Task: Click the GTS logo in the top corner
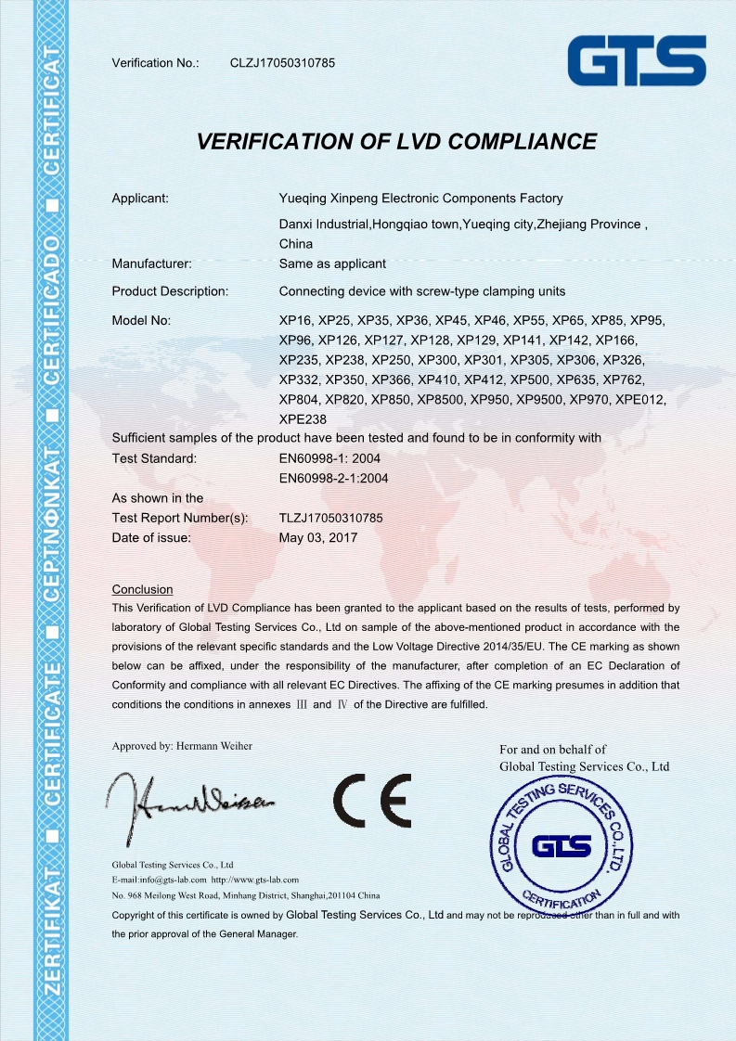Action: click(637, 62)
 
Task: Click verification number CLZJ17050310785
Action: click(282, 63)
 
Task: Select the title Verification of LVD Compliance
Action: click(396, 142)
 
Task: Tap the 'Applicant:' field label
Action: click(140, 198)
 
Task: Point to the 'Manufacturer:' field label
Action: click(151, 263)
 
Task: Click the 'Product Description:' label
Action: click(170, 291)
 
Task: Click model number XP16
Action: click(295, 321)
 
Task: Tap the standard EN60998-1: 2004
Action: click(329, 458)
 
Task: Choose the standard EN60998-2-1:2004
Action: click(333, 479)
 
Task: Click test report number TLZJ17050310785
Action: click(331, 518)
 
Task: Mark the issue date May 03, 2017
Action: click(317, 537)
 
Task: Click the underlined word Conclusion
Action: click(142, 589)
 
